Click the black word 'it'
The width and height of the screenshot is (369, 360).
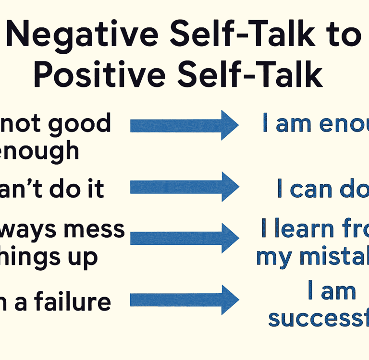coord(94,189)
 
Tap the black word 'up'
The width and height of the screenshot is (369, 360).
coord(85,258)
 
